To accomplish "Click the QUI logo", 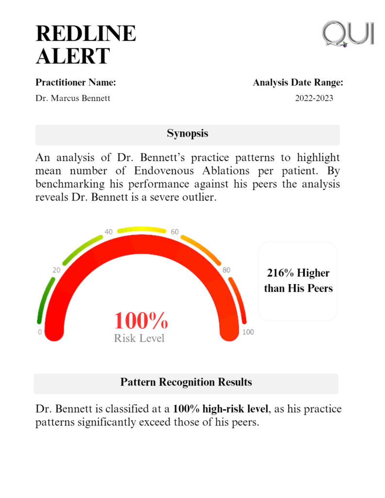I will [x=348, y=34].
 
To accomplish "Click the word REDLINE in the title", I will [x=86, y=34].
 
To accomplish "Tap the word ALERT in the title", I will [x=73, y=56].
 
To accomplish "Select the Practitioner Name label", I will [x=75, y=83].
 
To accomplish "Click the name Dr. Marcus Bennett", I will [x=73, y=98].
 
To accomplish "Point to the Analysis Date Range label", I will [x=298, y=83].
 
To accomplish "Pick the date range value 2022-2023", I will [x=314, y=98].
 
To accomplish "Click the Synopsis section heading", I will [x=187, y=133].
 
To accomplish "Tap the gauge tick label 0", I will [x=40, y=332].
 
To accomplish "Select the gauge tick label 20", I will [x=56, y=270].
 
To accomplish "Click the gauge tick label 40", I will [x=109, y=232].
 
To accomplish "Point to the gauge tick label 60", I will [x=175, y=232].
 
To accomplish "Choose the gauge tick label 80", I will [x=226, y=270].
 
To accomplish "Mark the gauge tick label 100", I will [x=248, y=332].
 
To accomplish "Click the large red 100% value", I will [x=141, y=321].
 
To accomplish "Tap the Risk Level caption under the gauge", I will [x=139, y=338].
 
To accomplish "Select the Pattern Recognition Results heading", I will [x=186, y=382].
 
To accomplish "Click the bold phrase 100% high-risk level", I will [x=220, y=409].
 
